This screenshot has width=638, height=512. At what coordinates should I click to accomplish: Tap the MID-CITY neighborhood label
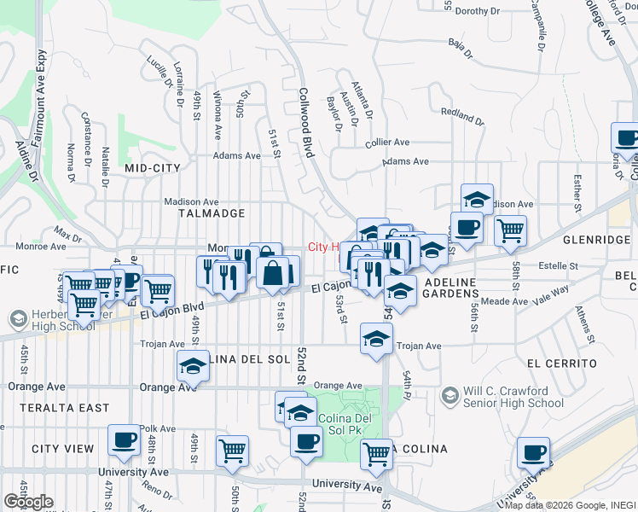click(153, 168)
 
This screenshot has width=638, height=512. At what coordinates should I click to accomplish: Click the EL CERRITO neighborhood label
click(561, 363)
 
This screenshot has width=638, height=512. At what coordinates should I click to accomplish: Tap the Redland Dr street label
click(461, 112)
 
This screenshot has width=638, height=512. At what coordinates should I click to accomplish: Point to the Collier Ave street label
click(387, 143)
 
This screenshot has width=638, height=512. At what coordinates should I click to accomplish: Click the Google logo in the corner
click(28, 502)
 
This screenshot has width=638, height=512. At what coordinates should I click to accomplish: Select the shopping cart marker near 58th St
click(509, 229)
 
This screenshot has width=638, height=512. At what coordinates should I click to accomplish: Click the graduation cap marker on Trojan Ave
click(375, 338)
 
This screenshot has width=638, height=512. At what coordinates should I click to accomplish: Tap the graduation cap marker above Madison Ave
click(476, 199)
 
